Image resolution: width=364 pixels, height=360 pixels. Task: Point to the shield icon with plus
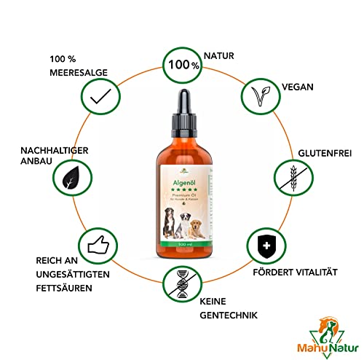pos(263,253)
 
